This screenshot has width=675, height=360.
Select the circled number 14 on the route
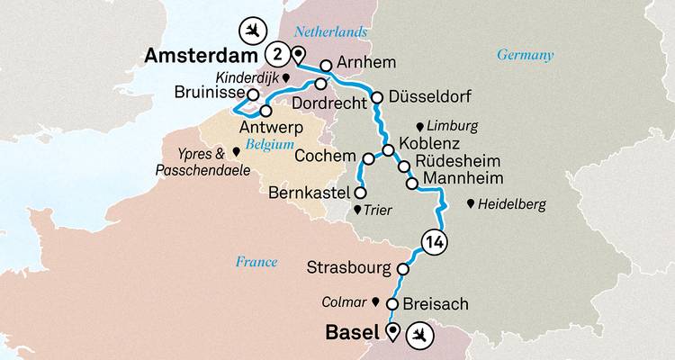pos(434,241)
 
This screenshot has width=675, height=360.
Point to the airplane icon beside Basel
pos(421,335)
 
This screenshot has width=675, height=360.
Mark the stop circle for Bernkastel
pos(360,193)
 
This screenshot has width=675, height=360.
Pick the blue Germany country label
pos(526,56)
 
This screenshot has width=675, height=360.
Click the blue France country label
pos(256,262)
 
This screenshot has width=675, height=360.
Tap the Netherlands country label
pos(336,32)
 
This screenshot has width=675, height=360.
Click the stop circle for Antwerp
pos(265,111)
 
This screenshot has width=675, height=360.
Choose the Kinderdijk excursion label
pos(246,78)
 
